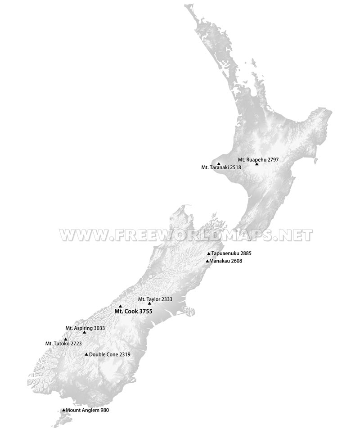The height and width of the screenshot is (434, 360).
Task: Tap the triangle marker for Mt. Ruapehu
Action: click(256, 164)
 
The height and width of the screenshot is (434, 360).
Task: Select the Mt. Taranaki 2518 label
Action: click(221, 167)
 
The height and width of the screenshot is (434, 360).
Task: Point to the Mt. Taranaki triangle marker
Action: click(219, 164)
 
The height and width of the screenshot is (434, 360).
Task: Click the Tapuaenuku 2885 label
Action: click(231, 253)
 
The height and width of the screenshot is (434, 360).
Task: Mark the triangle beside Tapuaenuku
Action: click(209, 254)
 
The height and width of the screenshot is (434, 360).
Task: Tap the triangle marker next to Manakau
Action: click(207, 261)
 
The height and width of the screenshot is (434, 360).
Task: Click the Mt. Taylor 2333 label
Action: click(155, 299)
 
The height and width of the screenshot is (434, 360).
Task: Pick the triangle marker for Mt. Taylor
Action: click(149, 303)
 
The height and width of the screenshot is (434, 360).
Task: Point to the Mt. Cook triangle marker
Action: click(120, 306)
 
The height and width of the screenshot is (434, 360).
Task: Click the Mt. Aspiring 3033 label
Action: click(85, 328)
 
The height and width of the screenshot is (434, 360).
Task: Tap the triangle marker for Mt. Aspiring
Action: click(84, 332)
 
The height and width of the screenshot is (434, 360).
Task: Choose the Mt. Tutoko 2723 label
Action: click(63, 344)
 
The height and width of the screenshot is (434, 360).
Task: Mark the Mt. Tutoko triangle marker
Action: click(66, 339)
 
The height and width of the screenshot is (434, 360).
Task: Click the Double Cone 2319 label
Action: click(110, 354)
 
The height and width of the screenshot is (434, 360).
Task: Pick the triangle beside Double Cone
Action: click(86, 354)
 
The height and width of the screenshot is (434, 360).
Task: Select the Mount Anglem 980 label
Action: click(87, 410)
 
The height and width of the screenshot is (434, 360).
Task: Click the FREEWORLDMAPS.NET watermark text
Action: click(186, 235)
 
